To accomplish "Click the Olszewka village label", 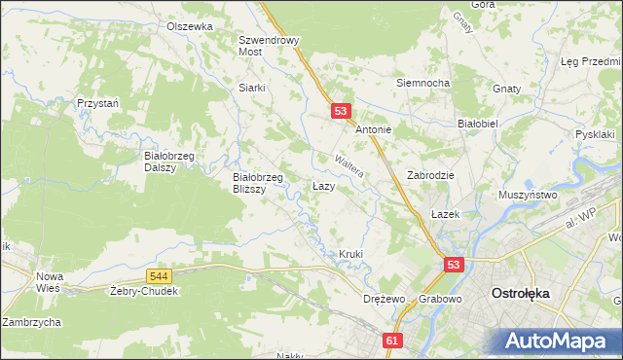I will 189,27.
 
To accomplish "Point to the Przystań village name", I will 97,102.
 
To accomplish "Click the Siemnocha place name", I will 421,83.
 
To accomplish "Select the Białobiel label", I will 478,125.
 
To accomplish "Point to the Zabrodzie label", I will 431,175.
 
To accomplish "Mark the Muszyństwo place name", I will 527,195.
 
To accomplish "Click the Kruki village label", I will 350,255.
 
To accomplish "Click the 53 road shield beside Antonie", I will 341,112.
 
